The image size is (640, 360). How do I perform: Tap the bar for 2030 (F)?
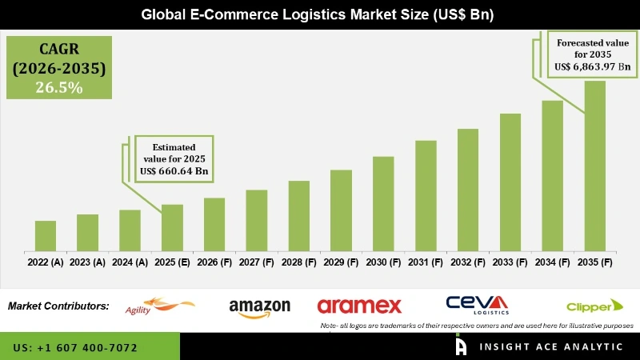[x=383, y=203]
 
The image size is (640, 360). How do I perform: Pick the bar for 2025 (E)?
[x=172, y=227]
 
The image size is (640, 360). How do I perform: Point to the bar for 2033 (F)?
[x=510, y=182]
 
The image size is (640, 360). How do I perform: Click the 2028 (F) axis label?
[x=298, y=262]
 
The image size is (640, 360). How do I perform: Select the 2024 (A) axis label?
[x=130, y=262]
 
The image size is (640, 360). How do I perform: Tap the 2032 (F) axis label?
[x=468, y=262]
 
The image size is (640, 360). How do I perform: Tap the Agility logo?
[x=160, y=306]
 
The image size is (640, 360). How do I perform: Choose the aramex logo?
[x=359, y=306]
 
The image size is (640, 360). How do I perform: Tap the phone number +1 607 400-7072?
[x=75, y=348]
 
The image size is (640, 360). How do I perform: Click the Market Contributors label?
[x=58, y=306]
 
